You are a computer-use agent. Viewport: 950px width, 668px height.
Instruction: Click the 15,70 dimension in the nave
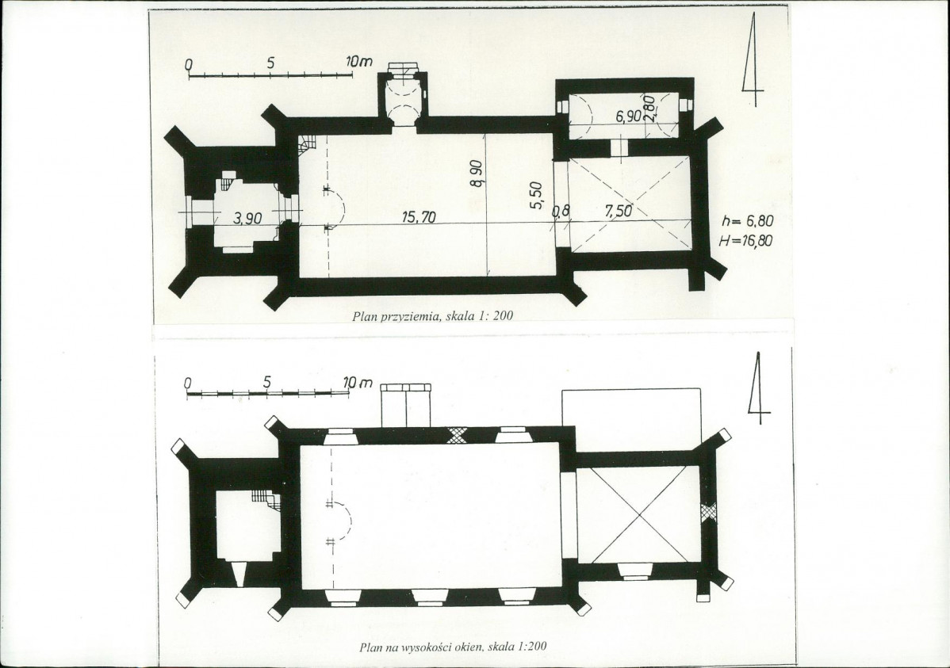pos(419,217)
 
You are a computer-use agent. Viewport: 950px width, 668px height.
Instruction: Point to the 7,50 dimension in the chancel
pos(619,211)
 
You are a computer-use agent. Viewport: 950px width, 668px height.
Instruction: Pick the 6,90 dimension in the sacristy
pos(629,116)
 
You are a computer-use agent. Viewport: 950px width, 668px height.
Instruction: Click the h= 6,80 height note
pos(748,222)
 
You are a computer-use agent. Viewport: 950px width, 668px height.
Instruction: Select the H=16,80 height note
pos(746,241)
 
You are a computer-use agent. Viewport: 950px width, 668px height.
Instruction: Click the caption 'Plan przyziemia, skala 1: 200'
pos(432,315)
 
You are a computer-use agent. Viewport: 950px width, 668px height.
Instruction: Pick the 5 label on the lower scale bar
pos(267,383)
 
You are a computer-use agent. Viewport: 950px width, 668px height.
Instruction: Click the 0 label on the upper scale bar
pos(189,63)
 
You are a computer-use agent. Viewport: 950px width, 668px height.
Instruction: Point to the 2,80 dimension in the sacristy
pos(649,109)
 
